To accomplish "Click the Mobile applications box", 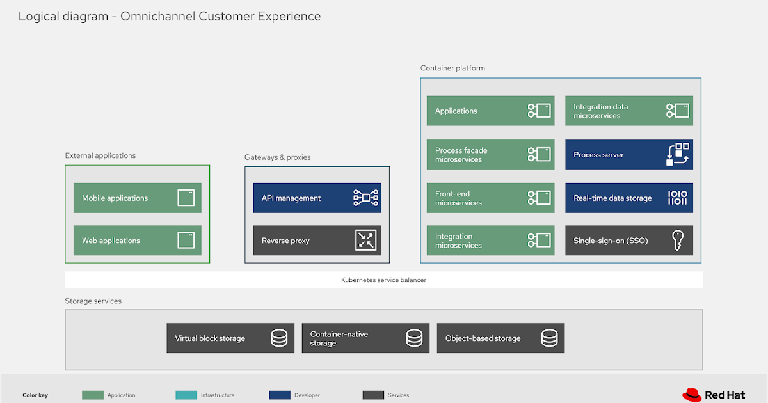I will (137, 198).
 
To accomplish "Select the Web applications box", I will (137, 241).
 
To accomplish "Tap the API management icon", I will (366, 198).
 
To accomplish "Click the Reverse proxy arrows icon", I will (366, 241).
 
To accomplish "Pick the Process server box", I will (628, 155).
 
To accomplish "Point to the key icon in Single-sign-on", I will (678, 241).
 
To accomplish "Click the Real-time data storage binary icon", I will (678, 198).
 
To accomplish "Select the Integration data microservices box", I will (628, 111).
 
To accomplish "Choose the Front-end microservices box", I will (490, 198).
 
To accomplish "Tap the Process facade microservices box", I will (490, 155).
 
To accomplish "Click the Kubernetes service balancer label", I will (383, 280).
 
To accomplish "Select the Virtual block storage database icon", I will (279, 338).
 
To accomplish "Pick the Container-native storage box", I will (365, 338).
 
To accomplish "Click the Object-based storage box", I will (500, 338).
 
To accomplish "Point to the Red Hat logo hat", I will (692, 394).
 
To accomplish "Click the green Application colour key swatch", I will (93, 395).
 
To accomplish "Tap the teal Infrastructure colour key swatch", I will (186, 395).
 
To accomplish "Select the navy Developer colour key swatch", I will (280, 395).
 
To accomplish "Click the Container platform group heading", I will (452, 68).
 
